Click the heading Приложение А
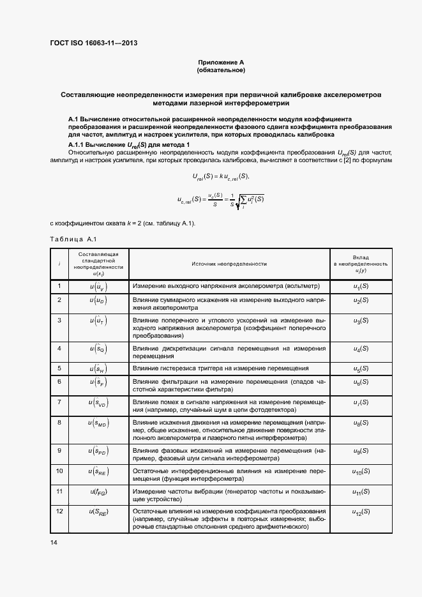[x=221, y=62]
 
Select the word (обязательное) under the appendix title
[x=221, y=70]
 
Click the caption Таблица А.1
[x=73, y=239]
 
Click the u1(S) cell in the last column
[x=361, y=287]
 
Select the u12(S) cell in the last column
[x=361, y=512]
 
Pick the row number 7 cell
[x=59, y=402]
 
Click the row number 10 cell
[x=59, y=471]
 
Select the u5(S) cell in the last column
[x=361, y=369]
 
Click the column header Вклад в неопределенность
[x=361, y=263]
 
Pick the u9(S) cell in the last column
[x=361, y=451]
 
